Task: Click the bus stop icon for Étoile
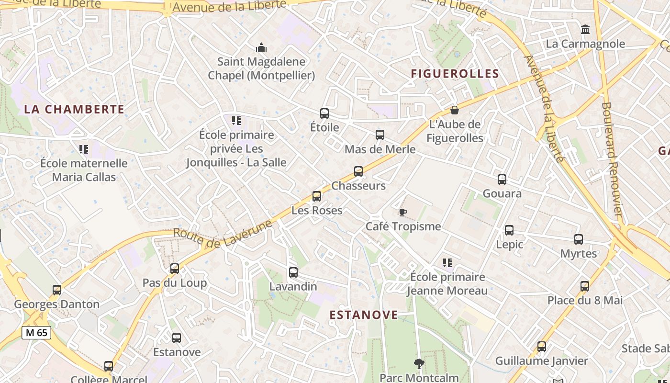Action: (x=324, y=113)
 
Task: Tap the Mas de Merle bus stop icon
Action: (x=380, y=135)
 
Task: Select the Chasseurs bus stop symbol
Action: (x=358, y=171)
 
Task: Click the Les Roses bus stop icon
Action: (x=317, y=196)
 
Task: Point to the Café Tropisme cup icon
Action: (x=403, y=212)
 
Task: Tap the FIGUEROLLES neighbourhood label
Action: (x=455, y=74)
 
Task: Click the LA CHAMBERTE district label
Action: (x=74, y=109)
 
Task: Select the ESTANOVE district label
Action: (x=364, y=315)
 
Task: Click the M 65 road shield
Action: (x=36, y=332)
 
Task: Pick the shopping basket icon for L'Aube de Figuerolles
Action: (x=455, y=110)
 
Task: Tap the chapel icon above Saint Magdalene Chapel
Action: (x=261, y=47)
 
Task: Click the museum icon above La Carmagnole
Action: (x=585, y=30)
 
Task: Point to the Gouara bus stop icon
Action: (x=502, y=180)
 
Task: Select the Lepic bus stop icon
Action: (x=509, y=230)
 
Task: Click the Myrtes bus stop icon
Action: (x=579, y=239)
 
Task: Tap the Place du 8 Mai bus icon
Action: (x=585, y=286)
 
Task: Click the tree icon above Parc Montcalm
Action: (x=419, y=364)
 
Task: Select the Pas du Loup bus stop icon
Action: (x=175, y=269)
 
